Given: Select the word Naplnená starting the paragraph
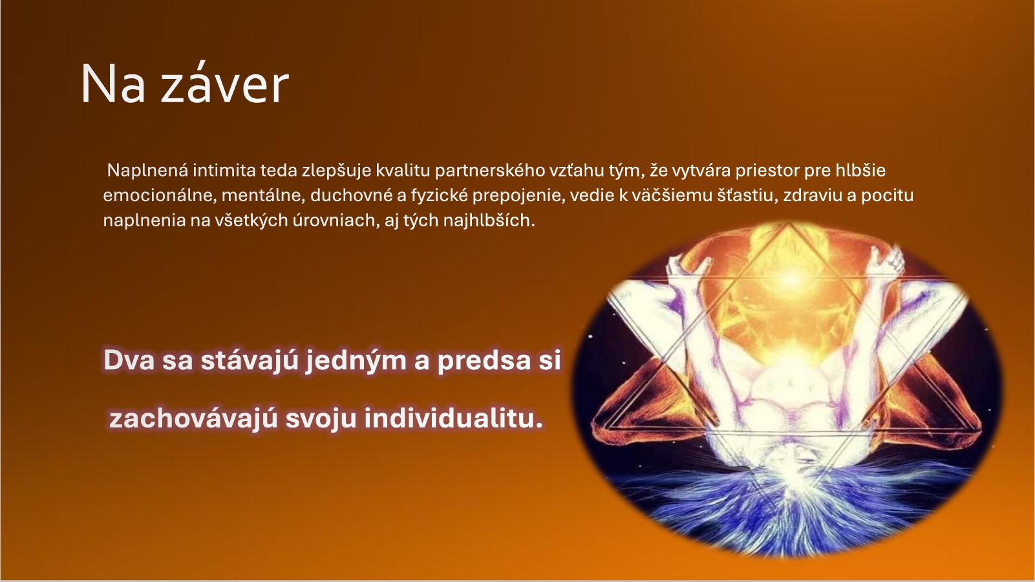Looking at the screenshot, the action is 147,171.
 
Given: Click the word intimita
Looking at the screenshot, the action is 224,171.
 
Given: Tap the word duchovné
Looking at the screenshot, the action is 352,195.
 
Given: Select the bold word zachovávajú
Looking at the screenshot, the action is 193,419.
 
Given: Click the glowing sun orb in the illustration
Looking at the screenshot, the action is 791,278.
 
